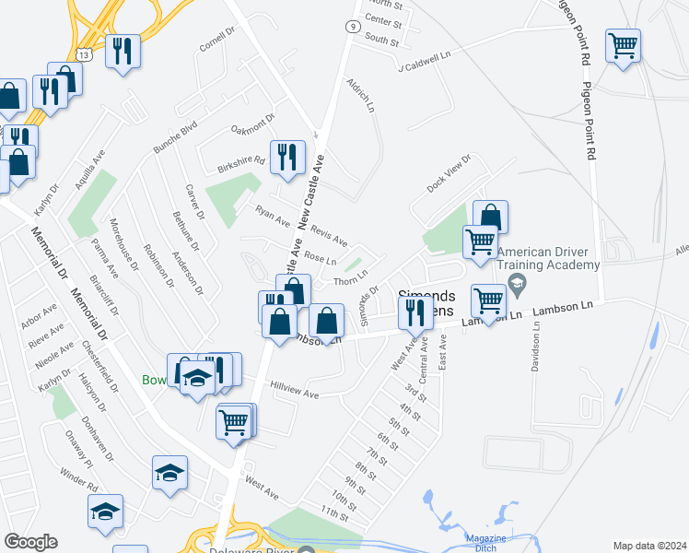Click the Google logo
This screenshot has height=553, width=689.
[x=30, y=542]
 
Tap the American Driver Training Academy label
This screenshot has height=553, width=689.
[x=549, y=258]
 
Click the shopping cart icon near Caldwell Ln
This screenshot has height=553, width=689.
[x=623, y=44]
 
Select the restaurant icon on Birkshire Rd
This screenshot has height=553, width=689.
[x=286, y=156]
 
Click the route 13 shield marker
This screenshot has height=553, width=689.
[x=84, y=55]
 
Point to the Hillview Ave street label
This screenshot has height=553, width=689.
[x=294, y=391]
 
